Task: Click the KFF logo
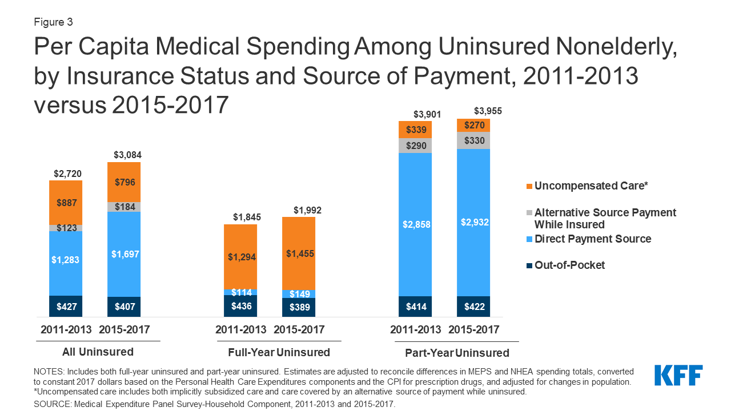pyautogui.click(x=678, y=376)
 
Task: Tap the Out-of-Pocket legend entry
pyautogui.click(x=569, y=265)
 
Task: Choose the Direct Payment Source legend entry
pyautogui.click(x=592, y=239)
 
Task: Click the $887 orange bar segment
pyautogui.click(x=66, y=203)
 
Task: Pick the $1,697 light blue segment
pyautogui.click(x=124, y=253)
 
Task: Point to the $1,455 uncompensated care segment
pyautogui.click(x=299, y=253)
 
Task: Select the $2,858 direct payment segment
pyautogui.click(x=415, y=224)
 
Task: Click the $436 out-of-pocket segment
pyautogui.click(x=240, y=306)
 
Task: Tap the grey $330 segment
pyautogui.click(x=473, y=140)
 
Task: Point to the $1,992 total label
pyautogui.click(x=307, y=210)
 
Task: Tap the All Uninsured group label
pyautogui.click(x=98, y=352)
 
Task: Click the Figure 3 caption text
pyautogui.click(x=53, y=22)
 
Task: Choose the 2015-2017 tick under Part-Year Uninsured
pyautogui.click(x=473, y=330)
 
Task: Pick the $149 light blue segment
pyautogui.click(x=299, y=294)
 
